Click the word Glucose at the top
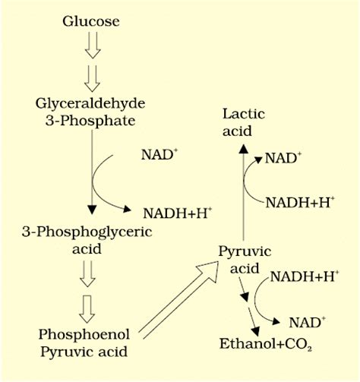(x=90, y=21)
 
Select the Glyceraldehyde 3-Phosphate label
(x=90, y=111)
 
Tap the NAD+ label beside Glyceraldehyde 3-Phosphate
(x=159, y=154)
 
